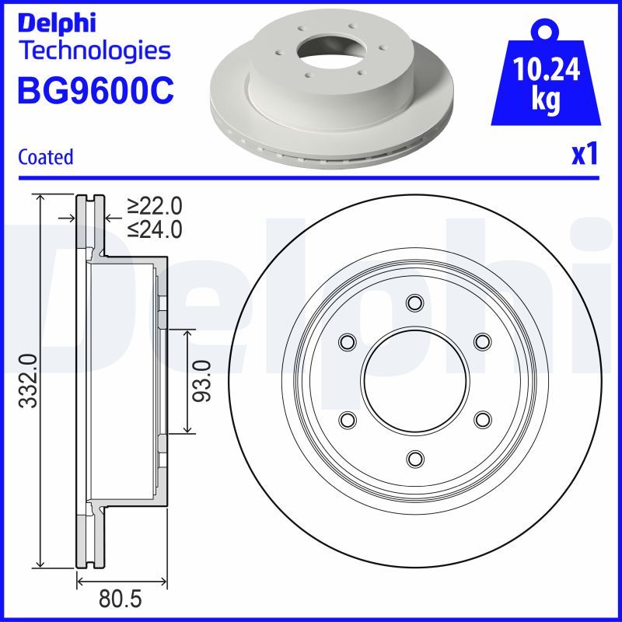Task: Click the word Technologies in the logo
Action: click(93, 51)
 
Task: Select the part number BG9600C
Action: click(95, 91)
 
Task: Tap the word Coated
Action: click(45, 156)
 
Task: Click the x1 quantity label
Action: click(585, 155)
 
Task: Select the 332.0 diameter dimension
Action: click(28, 381)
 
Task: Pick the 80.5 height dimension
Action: click(124, 601)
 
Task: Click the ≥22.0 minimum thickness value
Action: click(155, 205)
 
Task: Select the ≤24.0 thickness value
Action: click(155, 229)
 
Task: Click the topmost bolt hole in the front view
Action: click(414, 302)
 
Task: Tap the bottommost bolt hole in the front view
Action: click(414, 458)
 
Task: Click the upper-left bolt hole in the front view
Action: click(347, 341)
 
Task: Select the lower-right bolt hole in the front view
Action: click(482, 419)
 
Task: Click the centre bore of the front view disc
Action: click(414, 380)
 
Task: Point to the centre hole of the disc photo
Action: click(326, 50)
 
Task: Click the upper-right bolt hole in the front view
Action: click(482, 341)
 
